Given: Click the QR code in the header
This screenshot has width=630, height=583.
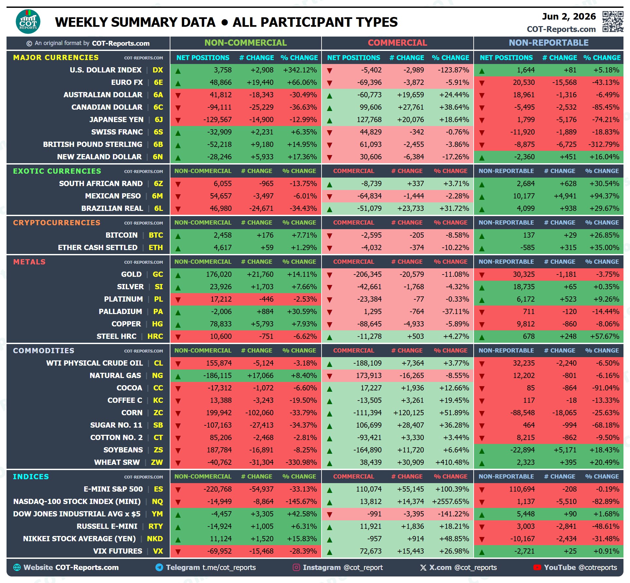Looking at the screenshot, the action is click(x=613, y=22).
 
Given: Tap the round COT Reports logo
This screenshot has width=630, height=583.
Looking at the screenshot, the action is click(x=28, y=22).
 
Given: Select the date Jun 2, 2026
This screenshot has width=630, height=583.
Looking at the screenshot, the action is click(x=569, y=16).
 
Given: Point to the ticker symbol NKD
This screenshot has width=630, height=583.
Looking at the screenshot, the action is click(x=155, y=539).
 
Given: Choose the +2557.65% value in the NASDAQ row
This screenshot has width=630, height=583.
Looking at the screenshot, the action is click(x=450, y=501).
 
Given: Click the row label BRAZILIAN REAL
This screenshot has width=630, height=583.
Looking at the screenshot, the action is click(x=112, y=208).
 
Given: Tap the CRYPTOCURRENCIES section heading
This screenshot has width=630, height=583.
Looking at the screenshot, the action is click(x=57, y=223).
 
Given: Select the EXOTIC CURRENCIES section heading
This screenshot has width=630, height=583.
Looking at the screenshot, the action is click(x=57, y=171).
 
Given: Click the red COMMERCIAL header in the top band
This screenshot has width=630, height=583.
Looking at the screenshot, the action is click(x=397, y=43).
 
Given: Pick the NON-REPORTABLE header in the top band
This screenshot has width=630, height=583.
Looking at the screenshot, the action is click(x=549, y=43).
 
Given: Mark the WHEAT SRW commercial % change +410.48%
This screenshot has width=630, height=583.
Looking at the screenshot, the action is click(x=452, y=462).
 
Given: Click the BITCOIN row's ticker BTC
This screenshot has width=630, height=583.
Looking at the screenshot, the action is click(x=156, y=235).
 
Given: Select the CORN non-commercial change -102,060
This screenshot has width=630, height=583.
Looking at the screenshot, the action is click(x=260, y=413).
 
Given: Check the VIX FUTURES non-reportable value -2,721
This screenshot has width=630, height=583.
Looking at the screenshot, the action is click(x=524, y=551).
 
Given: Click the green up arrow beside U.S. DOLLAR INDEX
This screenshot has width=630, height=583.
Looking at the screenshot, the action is click(x=178, y=71).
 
